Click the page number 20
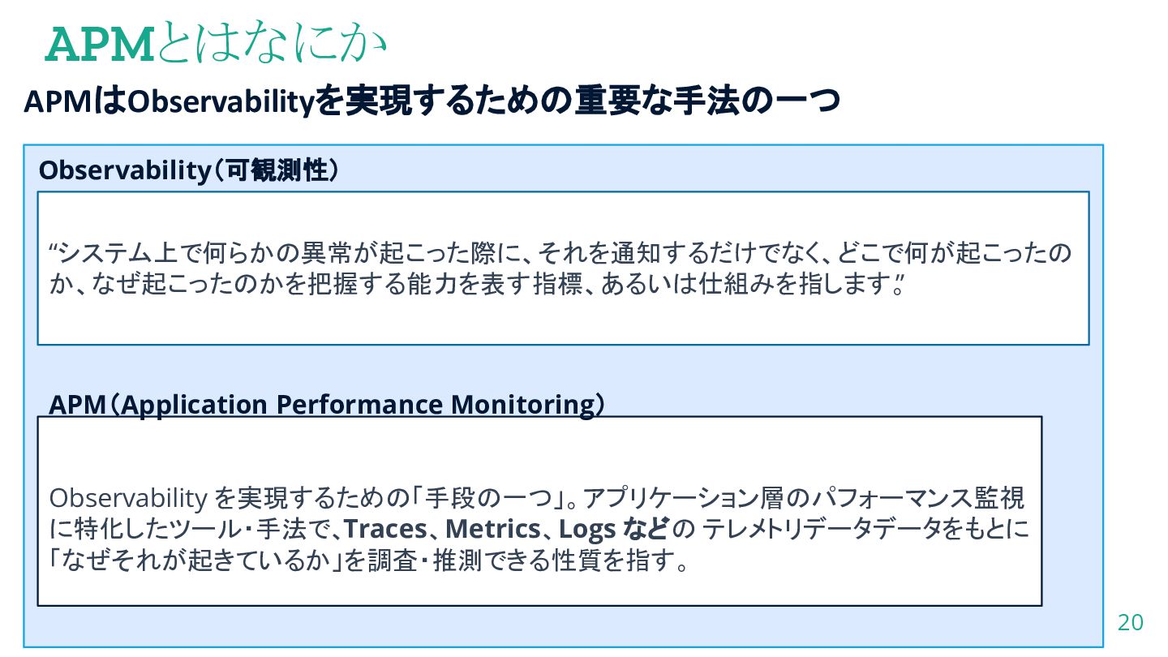1130,623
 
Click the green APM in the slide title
100,46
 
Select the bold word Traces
385,530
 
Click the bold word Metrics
493,530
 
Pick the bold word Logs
587,530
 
